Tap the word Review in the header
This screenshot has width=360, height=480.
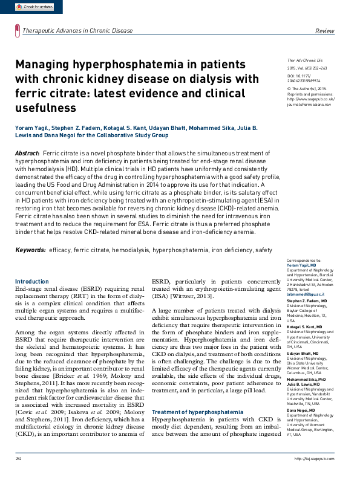click(324, 31)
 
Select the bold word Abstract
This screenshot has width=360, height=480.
click(27, 155)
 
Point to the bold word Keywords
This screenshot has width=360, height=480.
click(30, 250)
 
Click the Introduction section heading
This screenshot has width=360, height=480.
click(31, 282)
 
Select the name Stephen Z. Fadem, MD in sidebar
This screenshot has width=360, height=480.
click(307, 300)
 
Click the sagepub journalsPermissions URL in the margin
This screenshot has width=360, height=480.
click(309, 103)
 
